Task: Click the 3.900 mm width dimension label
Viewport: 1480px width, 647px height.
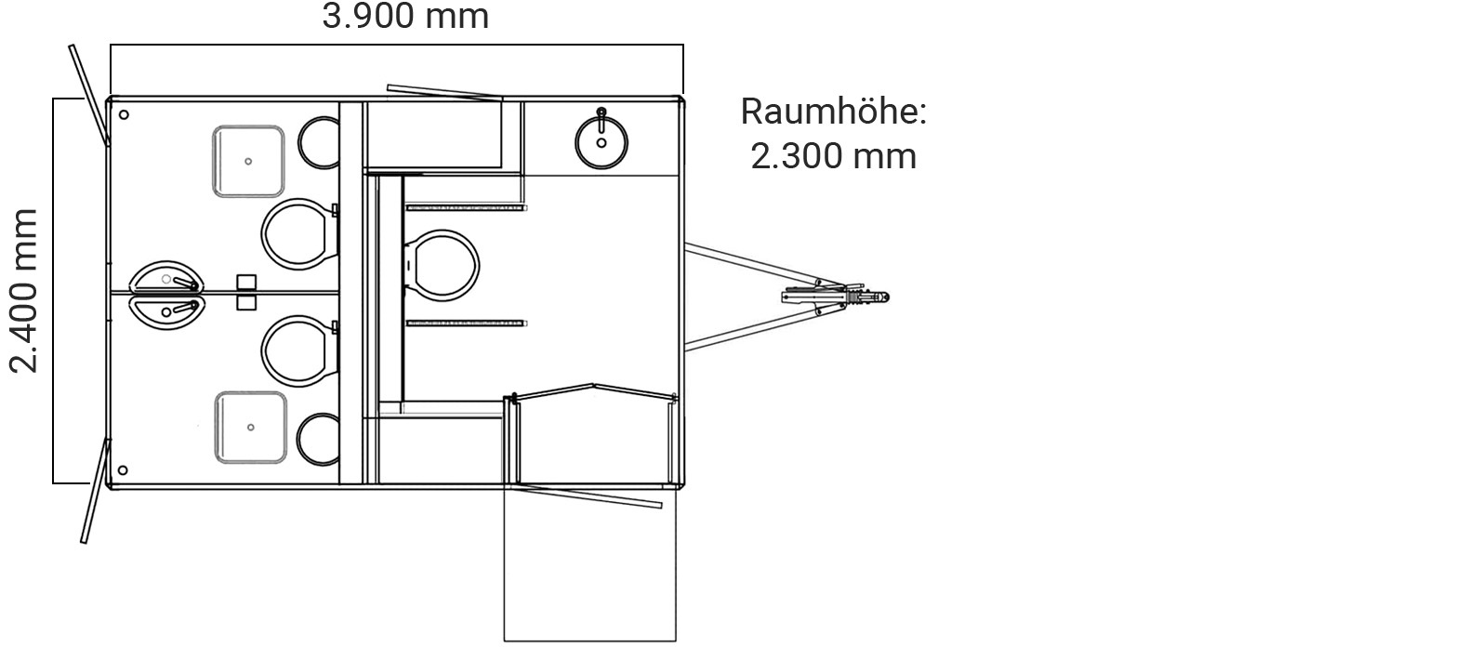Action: coord(405,17)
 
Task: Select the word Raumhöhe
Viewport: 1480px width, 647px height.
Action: coord(833,112)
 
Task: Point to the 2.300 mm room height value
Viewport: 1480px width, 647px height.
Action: coord(833,155)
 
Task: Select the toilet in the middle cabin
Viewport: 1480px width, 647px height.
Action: coord(443,265)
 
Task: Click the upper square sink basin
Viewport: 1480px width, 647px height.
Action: coord(248,161)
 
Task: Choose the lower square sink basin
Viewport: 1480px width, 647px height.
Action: coord(250,427)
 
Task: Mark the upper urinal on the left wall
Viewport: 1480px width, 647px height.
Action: coord(165,278)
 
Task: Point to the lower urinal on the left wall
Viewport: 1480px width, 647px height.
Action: coord(165,310)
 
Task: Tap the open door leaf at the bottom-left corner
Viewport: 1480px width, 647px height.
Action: coord(96,490)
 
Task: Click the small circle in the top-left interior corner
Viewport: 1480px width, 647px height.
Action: coord(124,115)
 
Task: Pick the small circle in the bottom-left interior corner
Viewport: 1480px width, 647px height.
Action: coord(124,470)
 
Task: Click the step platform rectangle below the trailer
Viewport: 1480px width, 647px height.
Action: coord(589,562)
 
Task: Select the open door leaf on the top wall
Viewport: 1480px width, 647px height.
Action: coord(445,92)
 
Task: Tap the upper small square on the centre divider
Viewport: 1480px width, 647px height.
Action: coord(245,282)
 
